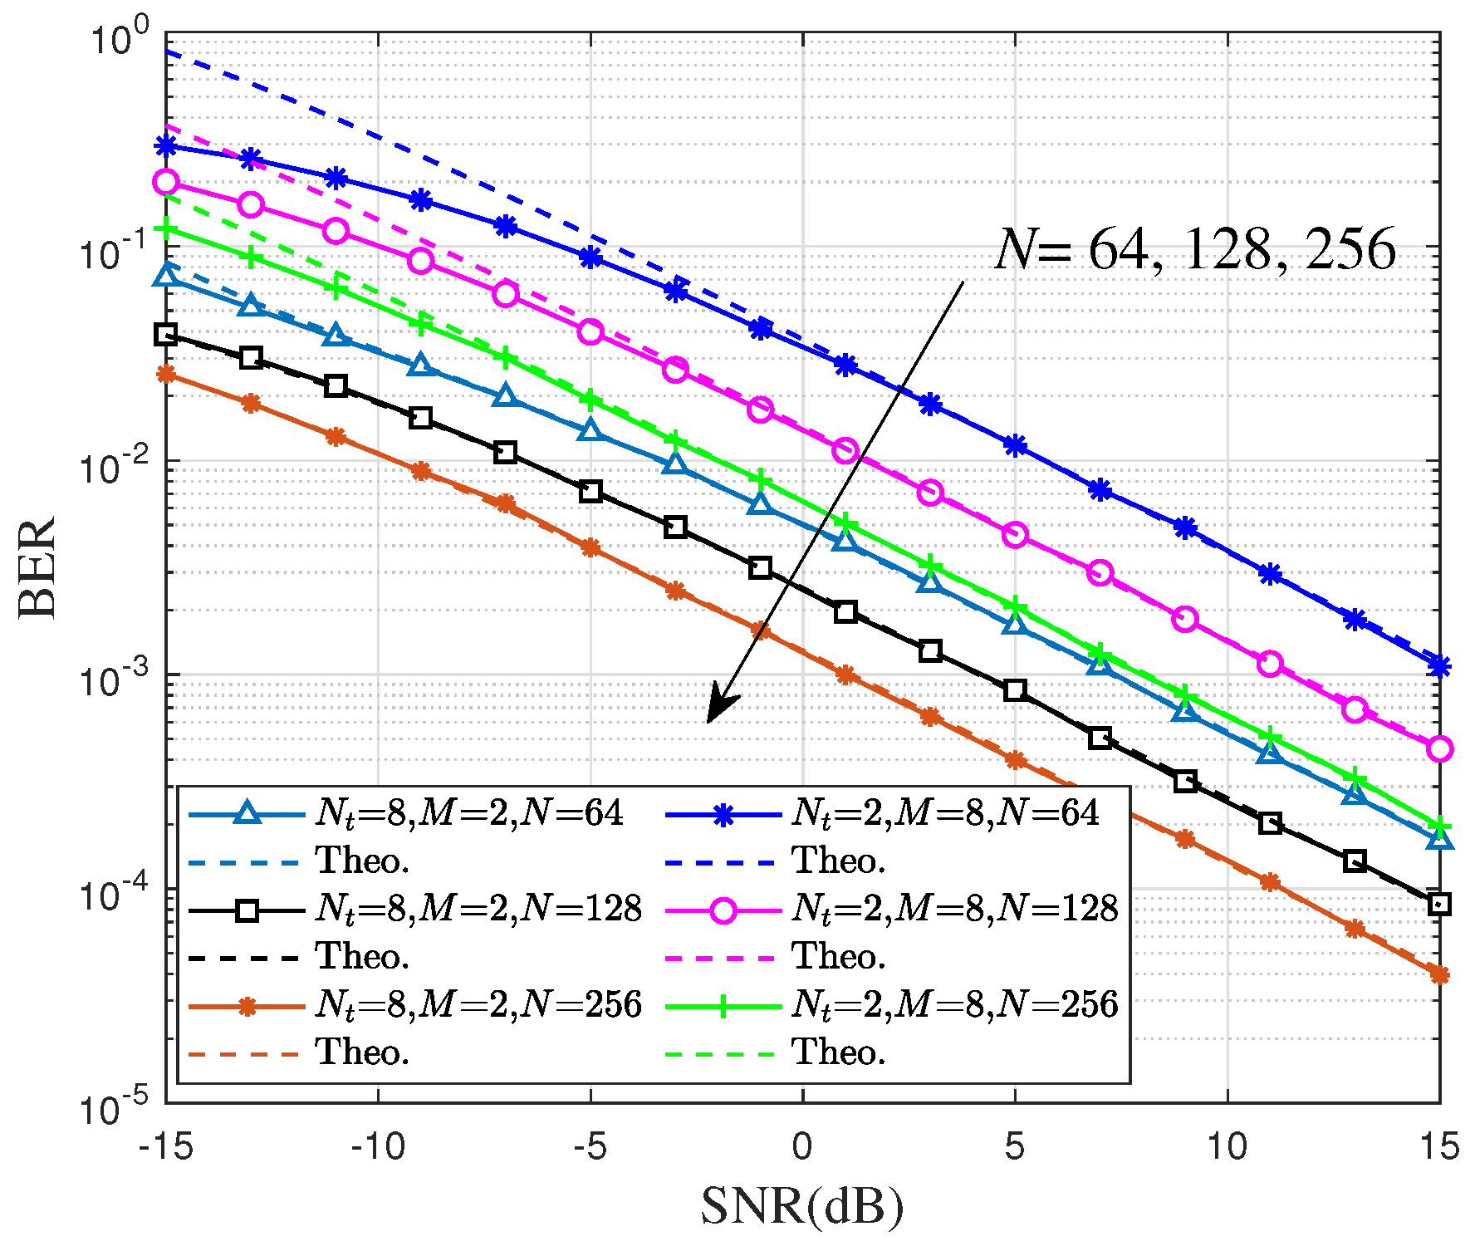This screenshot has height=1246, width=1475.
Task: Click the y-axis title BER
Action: tap(37, 567)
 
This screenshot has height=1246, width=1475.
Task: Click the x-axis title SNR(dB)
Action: tap(801, 1207)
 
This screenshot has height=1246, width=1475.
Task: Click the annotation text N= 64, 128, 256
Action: tap(1194, 249)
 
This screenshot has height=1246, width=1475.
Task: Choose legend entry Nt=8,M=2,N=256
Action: tap(478, 1005)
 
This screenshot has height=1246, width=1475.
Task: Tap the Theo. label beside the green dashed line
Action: tap(839, 1053)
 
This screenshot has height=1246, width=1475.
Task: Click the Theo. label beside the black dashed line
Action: tap(363, 957)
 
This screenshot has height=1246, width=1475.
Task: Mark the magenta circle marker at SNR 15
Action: tap(1439, 748)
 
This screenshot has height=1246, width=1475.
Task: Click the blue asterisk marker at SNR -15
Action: tap(166, 146)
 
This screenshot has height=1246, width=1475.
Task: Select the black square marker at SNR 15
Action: tap(1439, 905)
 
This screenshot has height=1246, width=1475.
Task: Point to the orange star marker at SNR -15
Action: tap(166, 375)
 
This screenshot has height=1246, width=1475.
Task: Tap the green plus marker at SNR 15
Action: tap(1439, 827)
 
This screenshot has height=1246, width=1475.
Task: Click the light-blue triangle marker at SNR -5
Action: tap(590, 430)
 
